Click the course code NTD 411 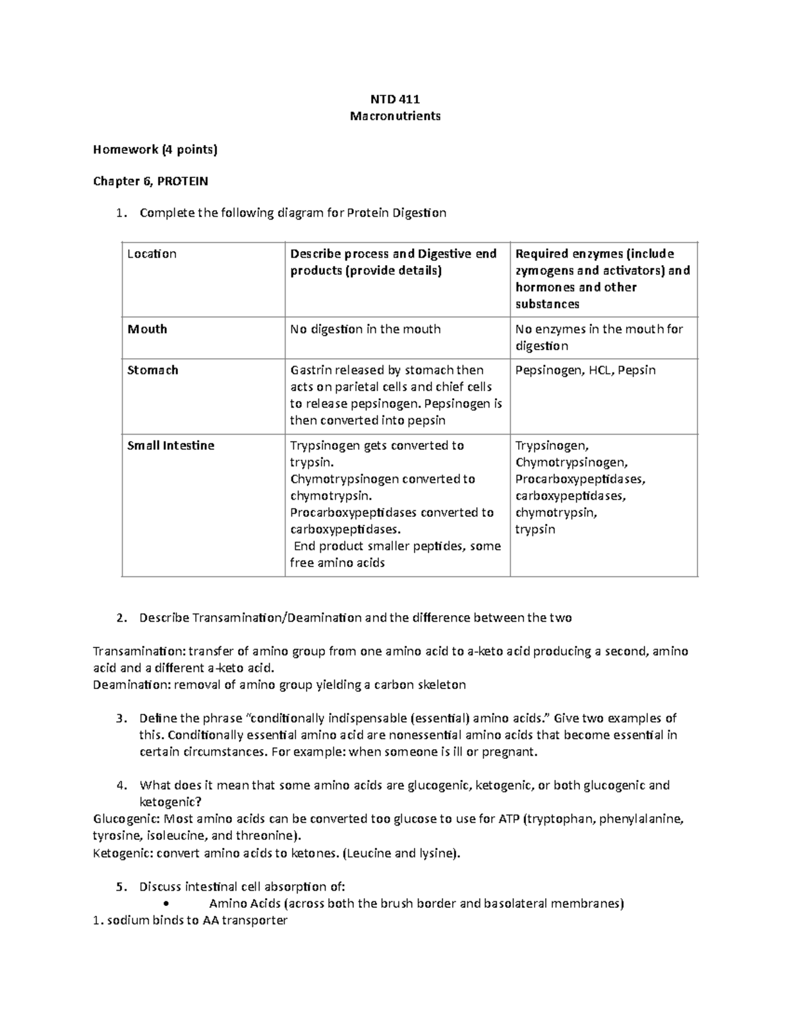[395, 100]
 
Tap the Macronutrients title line [395, 117]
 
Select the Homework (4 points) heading [155, 150]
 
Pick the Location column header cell [152, 254]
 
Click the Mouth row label [147, 329]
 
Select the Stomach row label [152, 370]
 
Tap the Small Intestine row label [171, 446]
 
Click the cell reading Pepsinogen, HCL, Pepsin [585, 370]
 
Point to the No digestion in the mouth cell [365, 329]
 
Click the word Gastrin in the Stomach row [310, 370]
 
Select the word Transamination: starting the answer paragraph [139, 651]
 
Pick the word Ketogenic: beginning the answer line [124, 853]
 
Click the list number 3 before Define [119, 718]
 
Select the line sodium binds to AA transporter [190, 920]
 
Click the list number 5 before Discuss [119, 887]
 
